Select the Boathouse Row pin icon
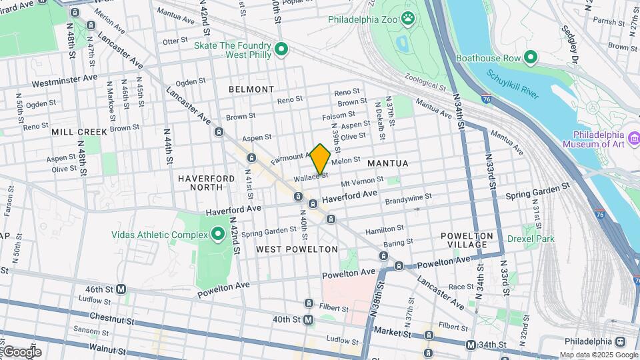tap(531, 57)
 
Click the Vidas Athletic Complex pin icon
tap(217, 234)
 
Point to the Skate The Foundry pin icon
tap(281, 49)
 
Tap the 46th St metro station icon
tap(121, 289)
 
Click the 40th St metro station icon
tap(308, 320)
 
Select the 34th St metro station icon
tap(471, 345)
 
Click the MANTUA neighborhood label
tap(387, 163)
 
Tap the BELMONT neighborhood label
tap(251, 89)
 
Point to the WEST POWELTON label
tap(297, 249)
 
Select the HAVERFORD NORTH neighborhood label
tap(206, 183)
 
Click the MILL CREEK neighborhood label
tap(75, 132)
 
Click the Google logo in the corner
tap(21, 351)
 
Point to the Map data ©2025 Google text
tap(599, 355)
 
